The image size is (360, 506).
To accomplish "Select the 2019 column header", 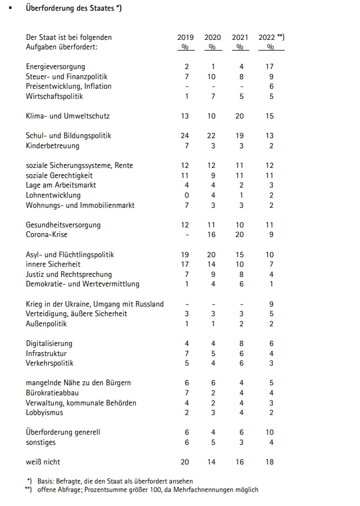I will point(185,38).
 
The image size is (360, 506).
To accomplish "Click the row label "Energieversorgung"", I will point(56,67).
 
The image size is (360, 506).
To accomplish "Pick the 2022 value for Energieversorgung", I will point(270,67).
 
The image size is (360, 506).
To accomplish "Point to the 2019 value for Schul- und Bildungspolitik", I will point(185,136).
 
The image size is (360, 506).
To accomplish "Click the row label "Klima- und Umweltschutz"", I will point(68,116).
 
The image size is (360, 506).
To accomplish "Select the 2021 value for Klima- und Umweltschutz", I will point(240,116).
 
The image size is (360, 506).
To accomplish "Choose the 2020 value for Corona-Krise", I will point(212,235).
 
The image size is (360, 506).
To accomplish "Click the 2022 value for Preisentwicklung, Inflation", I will point(271,86).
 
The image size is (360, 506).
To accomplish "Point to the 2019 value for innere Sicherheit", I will point(185,265).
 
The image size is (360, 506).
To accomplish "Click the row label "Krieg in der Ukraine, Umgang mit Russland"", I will point(95,304).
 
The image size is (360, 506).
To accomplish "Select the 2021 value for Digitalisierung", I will point(240,343).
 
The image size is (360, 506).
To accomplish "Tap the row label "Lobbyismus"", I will point(44,413).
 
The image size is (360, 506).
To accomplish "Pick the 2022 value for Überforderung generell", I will point(270,432).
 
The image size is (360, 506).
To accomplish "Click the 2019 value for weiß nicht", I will point(185,462).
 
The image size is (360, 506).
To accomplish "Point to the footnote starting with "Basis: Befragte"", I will point(115,481).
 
